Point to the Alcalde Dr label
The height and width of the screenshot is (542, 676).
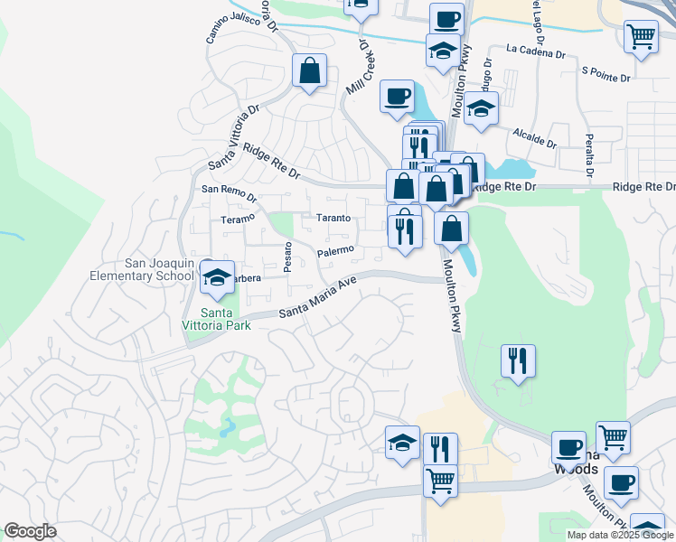(x=534, y=138)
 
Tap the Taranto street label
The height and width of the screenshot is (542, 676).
(x=333, y=219)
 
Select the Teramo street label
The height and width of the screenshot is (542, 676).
(x=239, y=220)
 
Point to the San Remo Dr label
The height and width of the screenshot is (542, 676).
(x=229, y=191)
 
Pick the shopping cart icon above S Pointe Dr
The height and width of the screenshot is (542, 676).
(x=641, y=37)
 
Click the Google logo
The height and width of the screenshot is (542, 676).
(x=31, y=531)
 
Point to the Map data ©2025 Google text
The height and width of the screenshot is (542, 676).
(x=620, y=535)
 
